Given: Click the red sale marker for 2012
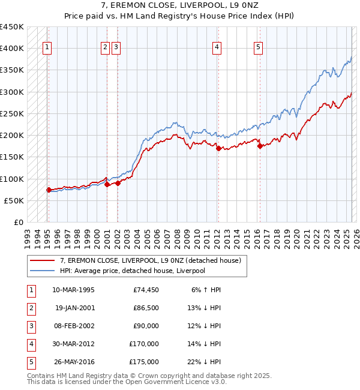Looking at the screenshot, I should coord(219,148).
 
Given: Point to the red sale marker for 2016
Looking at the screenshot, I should coord(260,146).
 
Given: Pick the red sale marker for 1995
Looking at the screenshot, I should coord(49,190).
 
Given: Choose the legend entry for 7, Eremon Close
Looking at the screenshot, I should coord(150,260).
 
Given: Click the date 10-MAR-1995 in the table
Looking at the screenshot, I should coord(74,290).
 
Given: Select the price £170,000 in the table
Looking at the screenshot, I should coord(144,344).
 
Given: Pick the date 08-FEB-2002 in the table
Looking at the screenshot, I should coord(74,326).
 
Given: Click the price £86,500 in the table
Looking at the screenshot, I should coord(146,308).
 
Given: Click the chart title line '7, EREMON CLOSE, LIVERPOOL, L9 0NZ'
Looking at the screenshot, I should coord(180,6).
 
